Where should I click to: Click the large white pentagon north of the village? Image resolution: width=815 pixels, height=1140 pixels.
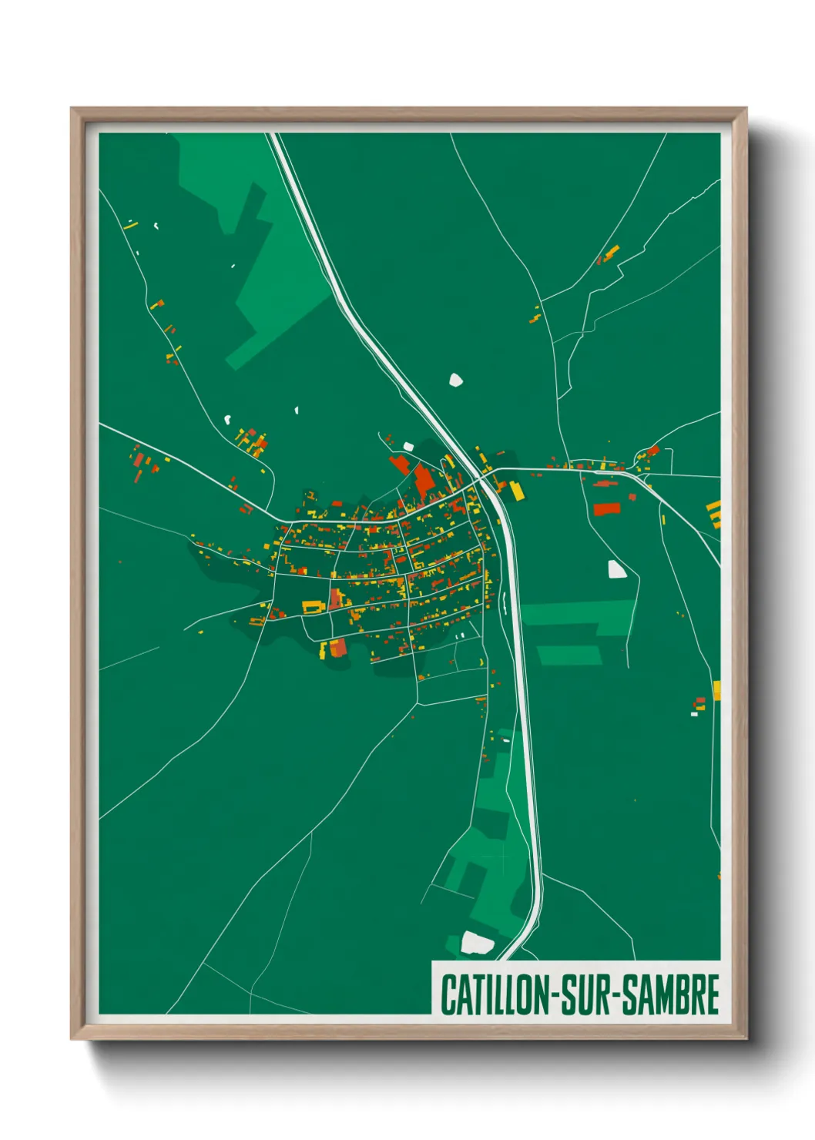456,379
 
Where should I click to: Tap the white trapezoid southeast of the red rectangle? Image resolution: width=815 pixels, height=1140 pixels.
617,569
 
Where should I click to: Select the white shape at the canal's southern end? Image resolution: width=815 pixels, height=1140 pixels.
477,942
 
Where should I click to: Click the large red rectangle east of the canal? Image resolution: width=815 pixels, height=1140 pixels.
606,508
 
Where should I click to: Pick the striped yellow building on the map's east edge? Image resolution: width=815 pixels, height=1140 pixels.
714,514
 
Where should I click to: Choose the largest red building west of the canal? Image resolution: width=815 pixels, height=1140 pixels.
424,480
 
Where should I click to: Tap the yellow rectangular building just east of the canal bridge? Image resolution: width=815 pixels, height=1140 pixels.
516,491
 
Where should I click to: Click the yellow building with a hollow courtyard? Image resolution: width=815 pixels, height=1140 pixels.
312,606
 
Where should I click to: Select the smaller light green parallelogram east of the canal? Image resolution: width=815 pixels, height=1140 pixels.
569,655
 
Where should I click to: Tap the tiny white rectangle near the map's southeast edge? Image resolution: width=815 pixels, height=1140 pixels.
693,714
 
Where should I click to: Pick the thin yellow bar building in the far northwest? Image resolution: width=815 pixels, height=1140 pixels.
130,226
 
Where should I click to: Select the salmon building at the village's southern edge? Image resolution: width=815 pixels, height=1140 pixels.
337,649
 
